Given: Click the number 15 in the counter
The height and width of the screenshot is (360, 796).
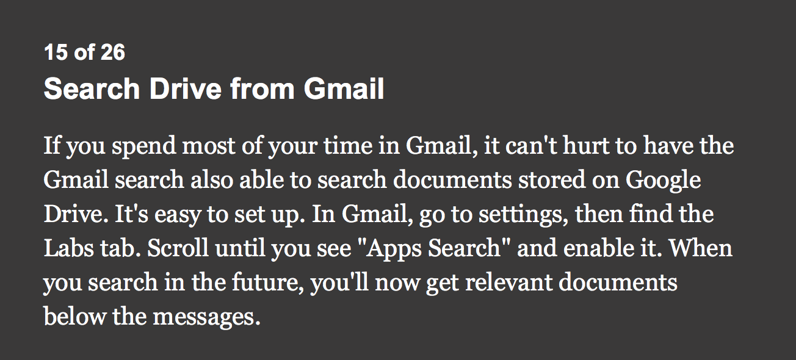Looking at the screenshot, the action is tap(56, 52).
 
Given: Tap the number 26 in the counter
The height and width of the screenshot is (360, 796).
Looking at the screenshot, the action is tap(113, 52).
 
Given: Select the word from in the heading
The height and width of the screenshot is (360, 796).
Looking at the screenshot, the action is tap(262, 88).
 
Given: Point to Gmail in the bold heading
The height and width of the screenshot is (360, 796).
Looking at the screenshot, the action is tap(344, 88).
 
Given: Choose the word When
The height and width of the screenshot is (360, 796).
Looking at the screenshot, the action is tap(701, 248).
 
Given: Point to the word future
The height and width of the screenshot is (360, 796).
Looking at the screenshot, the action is tap(268, 283).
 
